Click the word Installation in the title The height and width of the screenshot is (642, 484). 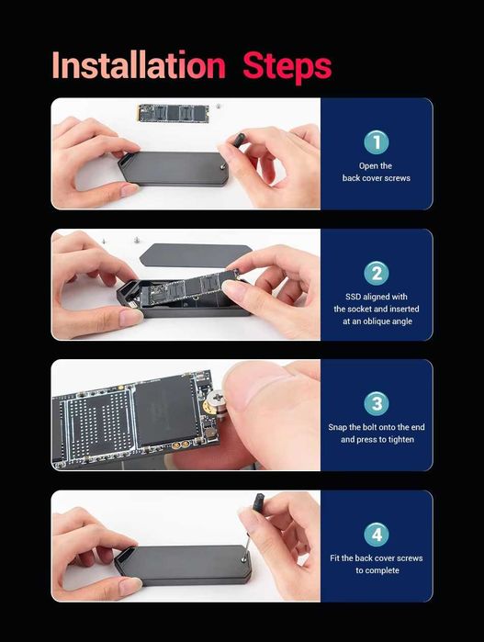pyautogui.click(x=138, y=66)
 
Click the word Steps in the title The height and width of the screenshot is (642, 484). pyautogui.click(x=287, y=66)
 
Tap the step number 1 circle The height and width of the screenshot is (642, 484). pyautogui.click(x=376, y=142)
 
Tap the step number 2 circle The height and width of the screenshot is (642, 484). pyautogui.click(x=376, y=273)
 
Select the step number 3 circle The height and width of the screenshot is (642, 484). pyautogui.click(x=376, y=403)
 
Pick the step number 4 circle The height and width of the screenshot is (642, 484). pyautogui.click(x=376, y=535)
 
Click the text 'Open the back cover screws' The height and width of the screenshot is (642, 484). pyautogui.click(x=376, y=172)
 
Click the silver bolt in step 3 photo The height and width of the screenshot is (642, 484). pyautogui.click(x=221, y=400)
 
